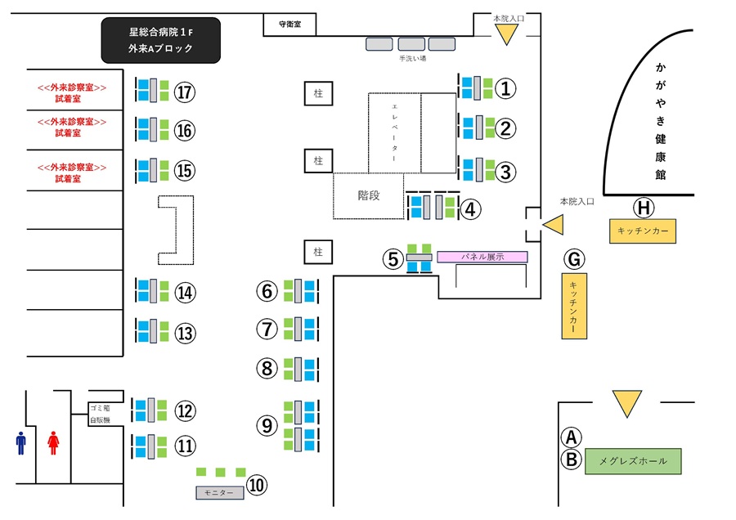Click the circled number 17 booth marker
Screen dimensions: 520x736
[186, 92]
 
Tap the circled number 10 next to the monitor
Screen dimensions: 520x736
[257, 485]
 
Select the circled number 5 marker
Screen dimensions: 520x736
[393, 259]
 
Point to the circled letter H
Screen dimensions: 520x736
[644, 208]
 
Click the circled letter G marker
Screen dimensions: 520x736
[574, 259]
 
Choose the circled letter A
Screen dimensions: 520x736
[571, 437]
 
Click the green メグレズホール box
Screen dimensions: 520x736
[633, 461]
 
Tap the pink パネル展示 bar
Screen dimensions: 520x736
[482, 257]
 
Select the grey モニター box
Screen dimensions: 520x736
[219, 493]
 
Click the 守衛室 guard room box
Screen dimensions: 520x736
[287, 25]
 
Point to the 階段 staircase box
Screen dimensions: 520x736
[369, 195]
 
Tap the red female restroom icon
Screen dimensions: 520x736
[54, 443]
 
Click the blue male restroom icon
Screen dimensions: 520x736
[20, 443]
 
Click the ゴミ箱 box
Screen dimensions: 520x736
[100, 407]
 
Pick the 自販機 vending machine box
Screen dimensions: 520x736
[100, 419]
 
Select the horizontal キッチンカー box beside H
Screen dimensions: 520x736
[644, 231]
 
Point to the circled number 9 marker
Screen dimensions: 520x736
[267, 425]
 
